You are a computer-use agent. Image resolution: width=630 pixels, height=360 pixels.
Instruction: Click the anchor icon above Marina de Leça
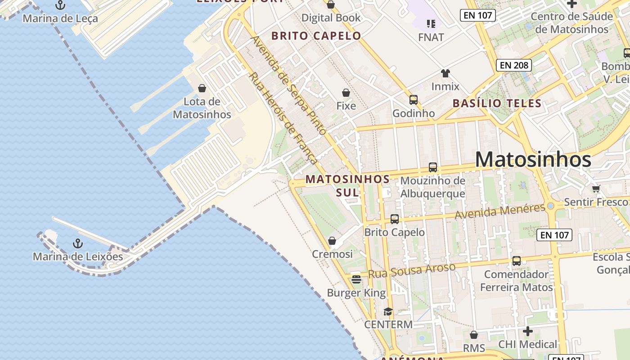[x=60, y=5]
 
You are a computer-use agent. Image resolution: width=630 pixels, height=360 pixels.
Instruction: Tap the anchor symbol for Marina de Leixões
[x=78, y=243]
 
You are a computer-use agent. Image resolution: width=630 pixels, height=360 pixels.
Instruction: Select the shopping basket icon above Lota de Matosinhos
[x=202, y=88]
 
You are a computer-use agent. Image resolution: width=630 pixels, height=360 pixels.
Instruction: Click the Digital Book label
[x=331, y=18]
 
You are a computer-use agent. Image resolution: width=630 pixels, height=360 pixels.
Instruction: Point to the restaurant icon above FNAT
[x=431, y=23]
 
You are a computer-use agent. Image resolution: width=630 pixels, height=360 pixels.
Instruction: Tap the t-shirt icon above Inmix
[x=445, y=73]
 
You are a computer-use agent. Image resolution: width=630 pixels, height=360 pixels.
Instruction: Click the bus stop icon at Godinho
[x=413, y=100]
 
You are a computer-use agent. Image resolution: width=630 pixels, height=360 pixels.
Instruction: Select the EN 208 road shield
[x=514, y=65]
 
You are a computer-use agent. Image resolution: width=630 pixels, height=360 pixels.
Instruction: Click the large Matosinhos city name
[x=533, y=160]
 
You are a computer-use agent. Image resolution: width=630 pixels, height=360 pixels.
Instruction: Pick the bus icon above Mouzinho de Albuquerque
[x=432, y=167]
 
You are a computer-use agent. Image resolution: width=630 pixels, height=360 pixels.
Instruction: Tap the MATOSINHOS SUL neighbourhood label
[x=347, y=185]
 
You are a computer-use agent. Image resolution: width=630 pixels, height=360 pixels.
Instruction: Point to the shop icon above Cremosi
[x=332, y=241]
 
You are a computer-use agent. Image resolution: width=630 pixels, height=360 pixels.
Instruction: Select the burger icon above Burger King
[x=356, y=279]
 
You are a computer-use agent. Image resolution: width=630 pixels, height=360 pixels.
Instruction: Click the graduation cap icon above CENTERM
[x=388, y=311]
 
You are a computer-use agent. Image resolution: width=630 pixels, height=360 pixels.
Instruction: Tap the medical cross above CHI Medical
[x=527, y=332]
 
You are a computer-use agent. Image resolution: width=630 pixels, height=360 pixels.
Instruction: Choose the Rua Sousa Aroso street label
[x=412, y=270]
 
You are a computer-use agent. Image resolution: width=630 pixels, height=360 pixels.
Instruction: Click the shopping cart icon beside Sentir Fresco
[x=596, y=189]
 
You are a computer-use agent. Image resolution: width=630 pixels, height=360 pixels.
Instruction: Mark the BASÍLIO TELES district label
[x=497, y=103]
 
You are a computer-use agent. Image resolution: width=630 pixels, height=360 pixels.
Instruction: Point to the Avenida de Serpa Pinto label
[x=288, y=85]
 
